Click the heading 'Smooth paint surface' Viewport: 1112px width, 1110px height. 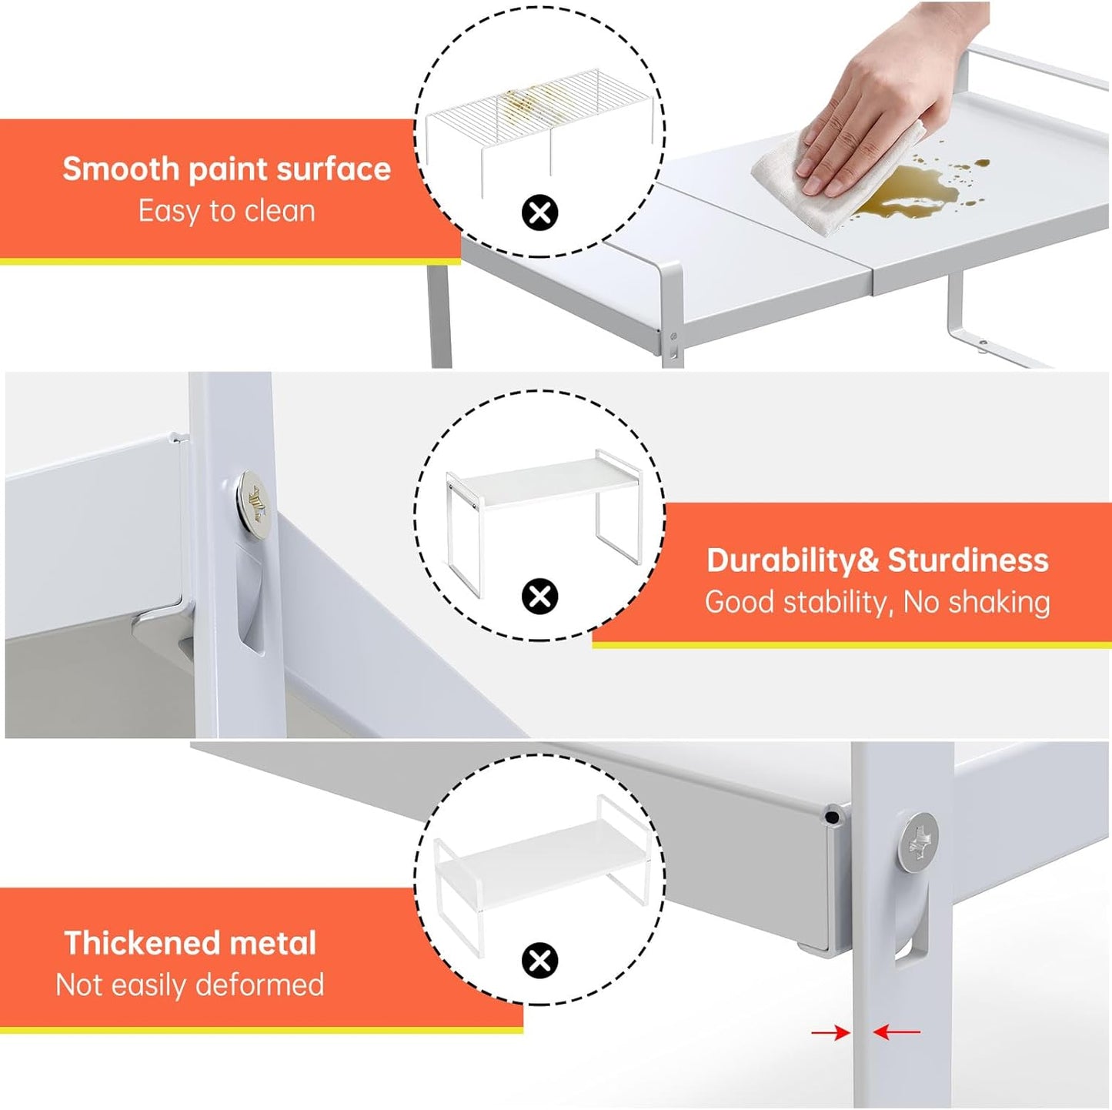click(x=226, y=169)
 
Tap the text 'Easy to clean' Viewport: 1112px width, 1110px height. click(x=226, y=211)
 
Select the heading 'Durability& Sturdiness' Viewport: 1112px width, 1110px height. click(x=877, y=560)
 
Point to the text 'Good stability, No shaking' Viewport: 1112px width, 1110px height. click(x=877, y=602)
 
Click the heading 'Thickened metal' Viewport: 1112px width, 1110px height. click(x=190, y=943)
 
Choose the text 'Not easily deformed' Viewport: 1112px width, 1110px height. click(x=190, y=985)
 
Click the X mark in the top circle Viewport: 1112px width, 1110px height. click(x=540, y=212)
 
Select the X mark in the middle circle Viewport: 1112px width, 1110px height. click(x=540, y=597)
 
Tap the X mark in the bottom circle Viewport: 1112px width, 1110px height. click(x=540, y=961)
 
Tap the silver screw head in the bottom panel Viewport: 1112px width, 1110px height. click(x=917, y=843)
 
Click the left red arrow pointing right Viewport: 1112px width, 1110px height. click(x=830, y=1033)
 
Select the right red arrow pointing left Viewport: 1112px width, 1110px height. click(x=897, y=1033)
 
